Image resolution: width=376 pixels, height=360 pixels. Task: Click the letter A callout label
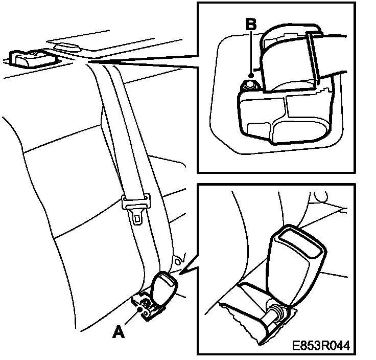(x=118, y=332)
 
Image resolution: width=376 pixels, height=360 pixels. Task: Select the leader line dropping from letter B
(x=250, y=51)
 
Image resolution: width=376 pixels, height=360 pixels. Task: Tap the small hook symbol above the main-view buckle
(x=179, y=260)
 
